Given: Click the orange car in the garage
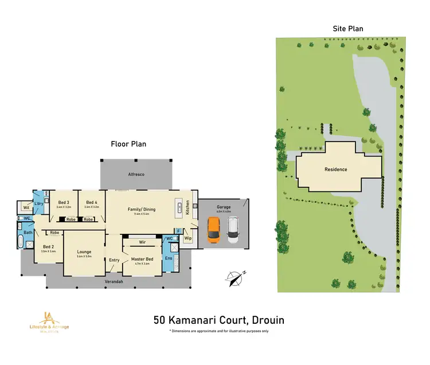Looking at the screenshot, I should [214, 229].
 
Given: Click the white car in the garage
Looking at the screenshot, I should [233, 230].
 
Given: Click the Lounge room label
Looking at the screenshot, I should [84, 252].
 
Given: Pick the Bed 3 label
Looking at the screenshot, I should [64, 202].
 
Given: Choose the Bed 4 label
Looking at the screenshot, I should [92, 202].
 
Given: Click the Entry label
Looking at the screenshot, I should [114, 260].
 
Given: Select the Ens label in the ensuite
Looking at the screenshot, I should [169, 258].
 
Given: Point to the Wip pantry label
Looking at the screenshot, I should [187, 238].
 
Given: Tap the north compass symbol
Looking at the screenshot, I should [234, 278].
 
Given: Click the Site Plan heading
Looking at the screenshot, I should [348, 28].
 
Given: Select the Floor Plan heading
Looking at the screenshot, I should [128, 144].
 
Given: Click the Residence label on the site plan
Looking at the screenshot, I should [335, 170].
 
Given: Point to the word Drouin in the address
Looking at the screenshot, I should [265, 320].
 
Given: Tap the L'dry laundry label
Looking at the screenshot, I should [40, 204].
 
